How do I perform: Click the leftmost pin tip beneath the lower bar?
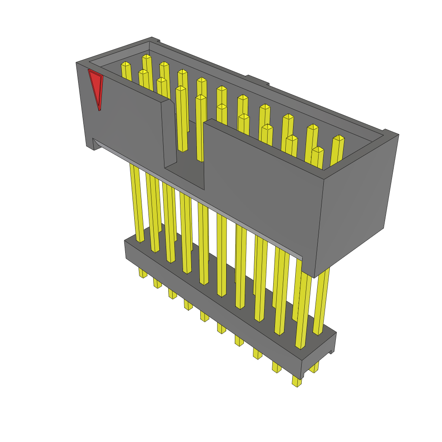point(143,273)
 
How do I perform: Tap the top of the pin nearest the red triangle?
point(126,64)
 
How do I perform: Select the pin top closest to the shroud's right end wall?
point(338,138)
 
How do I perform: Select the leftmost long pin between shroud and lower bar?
point(137,203)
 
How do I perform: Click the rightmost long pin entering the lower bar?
point(321,302)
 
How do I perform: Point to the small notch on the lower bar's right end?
point(332,351)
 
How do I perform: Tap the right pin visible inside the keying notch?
point(201,129)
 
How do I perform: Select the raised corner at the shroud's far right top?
point(390,133)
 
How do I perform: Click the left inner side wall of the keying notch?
point(169,134)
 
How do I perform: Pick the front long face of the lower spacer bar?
point(212,311)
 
